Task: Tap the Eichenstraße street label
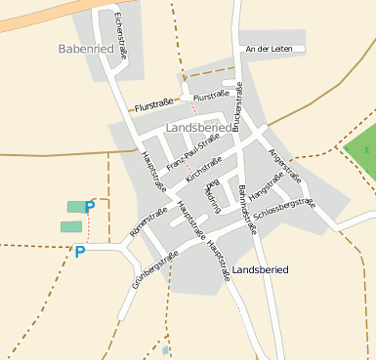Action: pos(119,37)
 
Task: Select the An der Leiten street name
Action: pos(270,48)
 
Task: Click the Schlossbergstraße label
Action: pos(283,209)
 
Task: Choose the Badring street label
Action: pos(212,195)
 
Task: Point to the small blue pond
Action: pos(166,349)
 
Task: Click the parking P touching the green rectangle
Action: pos(90,206)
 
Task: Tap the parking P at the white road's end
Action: pos(80,252)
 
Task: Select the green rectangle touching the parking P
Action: pos(74,206)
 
